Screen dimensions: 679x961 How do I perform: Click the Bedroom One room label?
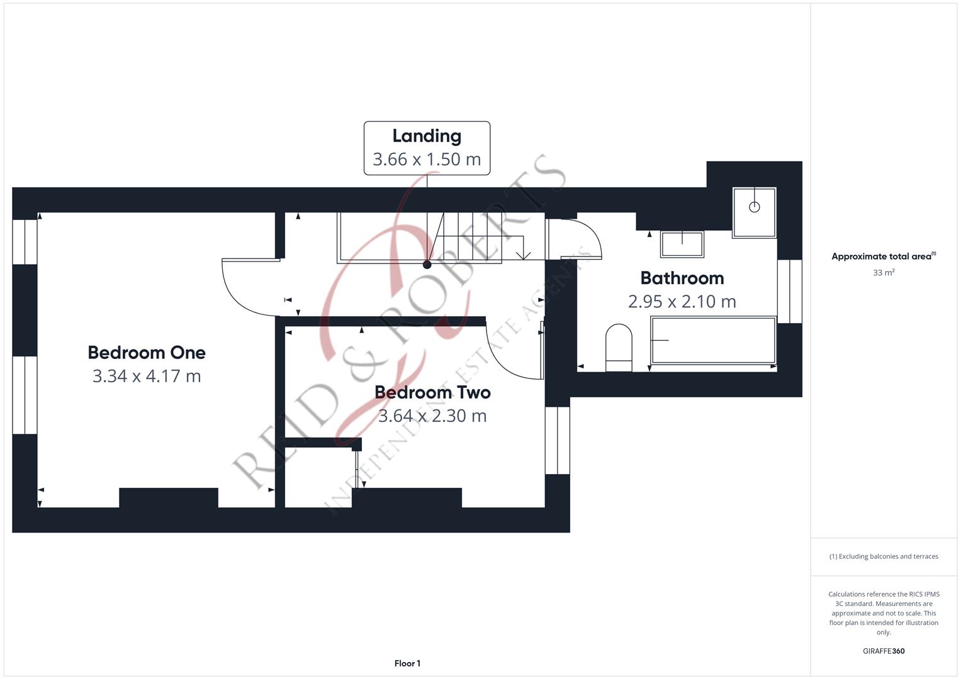pyautogui.click(x=147, y=353)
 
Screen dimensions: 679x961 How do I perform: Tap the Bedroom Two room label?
pyautogui.click(x=432, y=392)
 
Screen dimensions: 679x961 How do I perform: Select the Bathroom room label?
pyautogui.click(x=682, y=278)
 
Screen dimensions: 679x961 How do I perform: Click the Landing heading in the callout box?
pyautogui.click(x=427, y=136)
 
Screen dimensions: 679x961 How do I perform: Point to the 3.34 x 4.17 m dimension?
pyautogui.click(x=147, y=376)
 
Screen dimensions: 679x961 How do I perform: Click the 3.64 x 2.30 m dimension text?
pyautogui.click(x=432, y=416)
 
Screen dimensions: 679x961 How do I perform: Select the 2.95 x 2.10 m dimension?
pyautogui.click(x=682, y=301)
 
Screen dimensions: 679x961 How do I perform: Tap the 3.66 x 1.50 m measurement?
pyautogui.click(x=427, y=159)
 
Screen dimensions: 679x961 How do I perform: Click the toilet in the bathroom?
pyautogui.click(x=618, y=348)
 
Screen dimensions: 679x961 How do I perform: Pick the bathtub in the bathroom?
pyautogui.click(x=713, y=340)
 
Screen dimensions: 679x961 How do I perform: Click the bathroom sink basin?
pyautogui.click(x=682, y=244)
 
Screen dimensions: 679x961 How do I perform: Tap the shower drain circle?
pyautogui.click(x=754, y=207)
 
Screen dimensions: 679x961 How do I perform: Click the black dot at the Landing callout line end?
pyautogui.click(x=427, y=265)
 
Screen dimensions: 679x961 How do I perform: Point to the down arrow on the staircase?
pyautogui.click(x=523, y=254)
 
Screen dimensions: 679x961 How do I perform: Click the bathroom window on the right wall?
pyautogui.click(x=789, y=292)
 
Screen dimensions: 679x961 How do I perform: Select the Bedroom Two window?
pyautogui.click(x=557, y=440)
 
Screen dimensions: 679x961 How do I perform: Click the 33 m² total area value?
pyautogui.click(x=884, y=273)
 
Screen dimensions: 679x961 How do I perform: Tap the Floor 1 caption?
pyautogui.click(x=407, y=663)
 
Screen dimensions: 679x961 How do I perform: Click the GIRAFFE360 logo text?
pyautogui.click(x=884, y=651)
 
